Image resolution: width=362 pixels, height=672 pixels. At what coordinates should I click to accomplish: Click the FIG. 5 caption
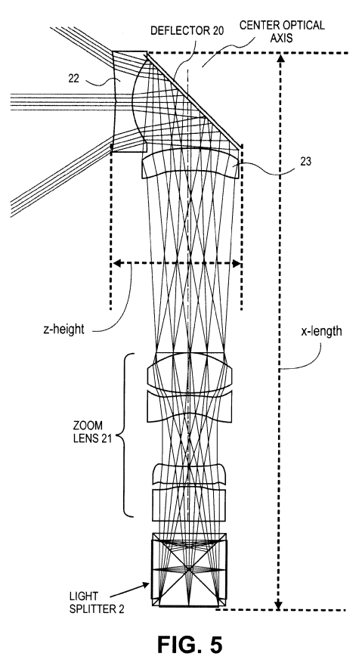pos(190,644)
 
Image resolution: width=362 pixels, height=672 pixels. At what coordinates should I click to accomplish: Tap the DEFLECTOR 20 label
pos(187,31)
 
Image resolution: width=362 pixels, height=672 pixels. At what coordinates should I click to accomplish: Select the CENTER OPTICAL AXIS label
pos(282,31)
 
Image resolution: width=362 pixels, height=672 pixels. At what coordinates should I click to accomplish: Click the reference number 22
pos(74,78)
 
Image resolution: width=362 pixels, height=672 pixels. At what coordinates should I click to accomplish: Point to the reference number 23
pos(306,162)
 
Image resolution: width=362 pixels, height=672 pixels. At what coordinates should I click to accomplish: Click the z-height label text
pos(63,330)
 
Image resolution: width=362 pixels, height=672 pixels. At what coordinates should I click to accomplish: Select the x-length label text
pos(321,331)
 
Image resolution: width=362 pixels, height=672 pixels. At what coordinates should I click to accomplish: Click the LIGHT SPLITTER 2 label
pos(97,602)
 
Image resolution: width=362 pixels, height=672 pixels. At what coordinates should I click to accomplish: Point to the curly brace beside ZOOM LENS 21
pos(124,435)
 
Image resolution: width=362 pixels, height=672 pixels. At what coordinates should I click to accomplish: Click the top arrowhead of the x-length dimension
pos(280,59)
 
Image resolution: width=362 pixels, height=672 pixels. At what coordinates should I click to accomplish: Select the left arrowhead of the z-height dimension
pos(116,264)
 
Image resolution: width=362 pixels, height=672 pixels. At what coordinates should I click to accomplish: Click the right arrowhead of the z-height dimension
pos(236,264)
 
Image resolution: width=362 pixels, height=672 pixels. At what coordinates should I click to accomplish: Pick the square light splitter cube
pos(190,570)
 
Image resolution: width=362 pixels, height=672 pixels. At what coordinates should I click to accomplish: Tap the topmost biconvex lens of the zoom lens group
pos(190,372)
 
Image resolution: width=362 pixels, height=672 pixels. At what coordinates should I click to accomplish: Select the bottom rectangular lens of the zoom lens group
pos(189,504)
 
